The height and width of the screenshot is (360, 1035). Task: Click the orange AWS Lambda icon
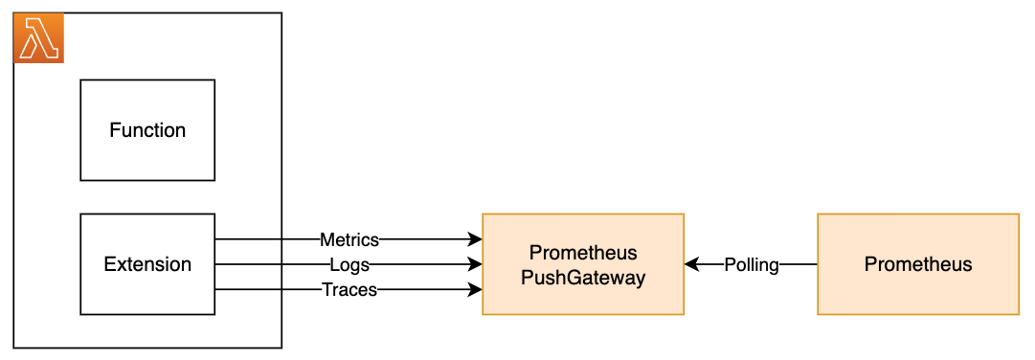tap(38, 38)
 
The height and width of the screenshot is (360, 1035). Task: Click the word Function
tap(147, 130)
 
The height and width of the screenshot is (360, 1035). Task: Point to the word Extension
tap(147, 264)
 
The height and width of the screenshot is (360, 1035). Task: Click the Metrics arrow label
tap(349, 239)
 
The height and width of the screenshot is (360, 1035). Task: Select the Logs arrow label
tap(349, 264)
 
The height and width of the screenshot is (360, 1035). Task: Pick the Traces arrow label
tap(349, 289)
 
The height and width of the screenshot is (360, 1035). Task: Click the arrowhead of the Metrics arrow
tap(475, 239)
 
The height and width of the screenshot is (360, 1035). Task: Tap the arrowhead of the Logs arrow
tap(475, 264)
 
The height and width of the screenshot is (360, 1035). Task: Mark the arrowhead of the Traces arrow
tap(475, 289)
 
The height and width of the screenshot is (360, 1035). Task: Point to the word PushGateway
tap(583, 278)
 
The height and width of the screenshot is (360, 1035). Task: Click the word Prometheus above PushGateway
tap(583, 253)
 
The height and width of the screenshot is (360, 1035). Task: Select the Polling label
tap(752, 264)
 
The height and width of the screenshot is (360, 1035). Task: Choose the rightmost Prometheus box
tap(918, 292)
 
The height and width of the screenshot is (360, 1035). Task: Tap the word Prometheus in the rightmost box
tap(918, 264)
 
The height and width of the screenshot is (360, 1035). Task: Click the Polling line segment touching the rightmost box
tap(799, 264)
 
